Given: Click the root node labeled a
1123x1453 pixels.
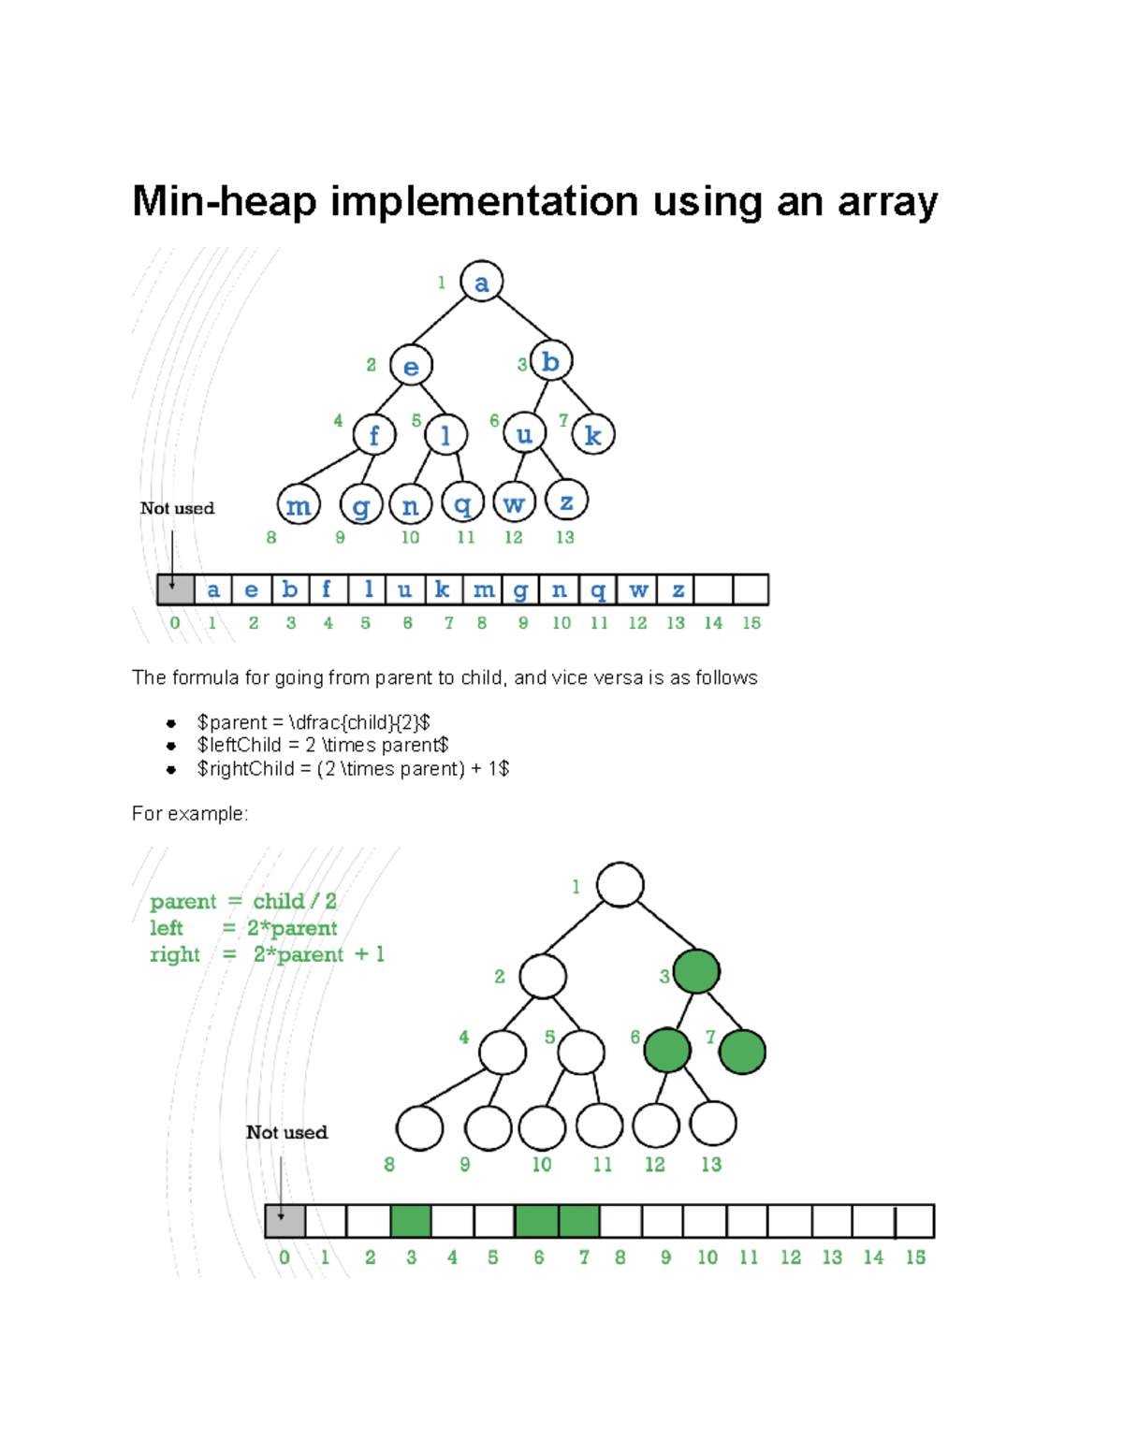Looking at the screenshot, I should click(x=482, y=282).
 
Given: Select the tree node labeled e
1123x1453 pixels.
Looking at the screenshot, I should click(x=411, y=365).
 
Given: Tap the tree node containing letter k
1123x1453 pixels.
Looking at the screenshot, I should click(x=593, y=434).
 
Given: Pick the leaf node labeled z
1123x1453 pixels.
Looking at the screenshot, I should click(x=566, y=501).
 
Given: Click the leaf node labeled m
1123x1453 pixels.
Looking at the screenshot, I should click(x=299, y=505).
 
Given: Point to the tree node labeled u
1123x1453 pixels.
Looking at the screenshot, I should click(x=524, y=433).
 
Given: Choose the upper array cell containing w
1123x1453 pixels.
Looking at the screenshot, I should click(x=638, y=590).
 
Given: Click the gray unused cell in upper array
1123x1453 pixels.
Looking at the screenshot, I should click(x=176, y=590).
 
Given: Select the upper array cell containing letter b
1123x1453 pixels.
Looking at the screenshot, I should click(x=290, y=590).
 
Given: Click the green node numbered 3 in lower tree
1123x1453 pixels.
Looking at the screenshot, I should click(x=696, y=971).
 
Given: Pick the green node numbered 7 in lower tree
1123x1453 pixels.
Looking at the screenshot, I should click(x=743, y=1052).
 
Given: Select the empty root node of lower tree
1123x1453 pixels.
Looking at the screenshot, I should click(x=620, y=885).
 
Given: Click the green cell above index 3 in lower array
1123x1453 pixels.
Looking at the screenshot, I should click(x=411, y=1221).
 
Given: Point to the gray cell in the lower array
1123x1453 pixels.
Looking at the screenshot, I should click(x=285, y=1221).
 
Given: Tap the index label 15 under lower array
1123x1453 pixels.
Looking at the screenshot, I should click(x=915, y=1257).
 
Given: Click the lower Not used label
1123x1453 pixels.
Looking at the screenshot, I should click(x=286, y=1132).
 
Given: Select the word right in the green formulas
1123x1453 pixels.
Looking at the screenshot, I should click(x=175, y=954).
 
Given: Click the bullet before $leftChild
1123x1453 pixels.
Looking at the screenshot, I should click(x=171, y=746).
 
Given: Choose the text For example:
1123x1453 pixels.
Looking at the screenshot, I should click(x=190, y=814).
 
